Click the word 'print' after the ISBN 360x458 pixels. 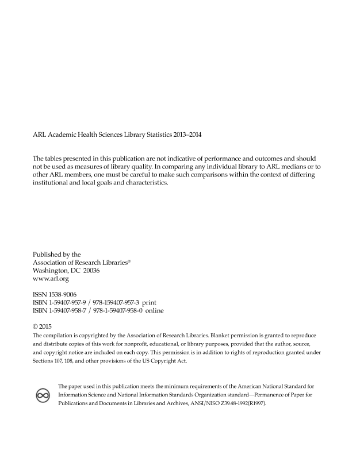point(149,302)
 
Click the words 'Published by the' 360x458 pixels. point(57,254)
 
